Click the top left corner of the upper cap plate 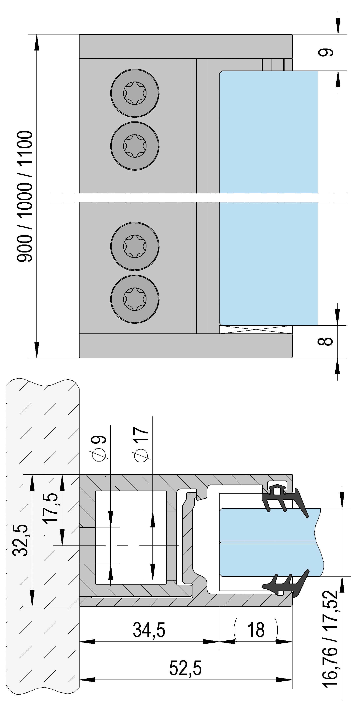[79, 34]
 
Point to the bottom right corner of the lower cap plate [292, 358]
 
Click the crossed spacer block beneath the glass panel [255, 330]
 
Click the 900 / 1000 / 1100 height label [25, 196]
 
